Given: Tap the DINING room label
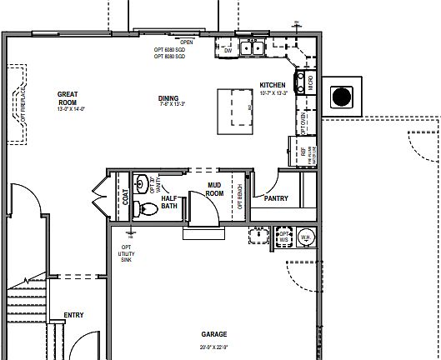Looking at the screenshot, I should coord(168,98).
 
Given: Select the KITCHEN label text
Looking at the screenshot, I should coord(273,86).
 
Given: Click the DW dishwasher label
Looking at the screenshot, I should coord(228,51).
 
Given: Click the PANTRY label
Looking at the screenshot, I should coord(276,199).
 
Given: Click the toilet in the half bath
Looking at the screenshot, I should coord(148,207).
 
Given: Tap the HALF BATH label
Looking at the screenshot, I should coord(169,202).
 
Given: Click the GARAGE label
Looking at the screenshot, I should coord(214,333).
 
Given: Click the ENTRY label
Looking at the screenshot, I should coord(74,315).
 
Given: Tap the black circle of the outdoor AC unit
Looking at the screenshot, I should coord(342,97).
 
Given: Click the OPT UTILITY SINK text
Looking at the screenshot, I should coord(127,253).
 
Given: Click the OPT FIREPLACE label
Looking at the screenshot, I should coord(23,103).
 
